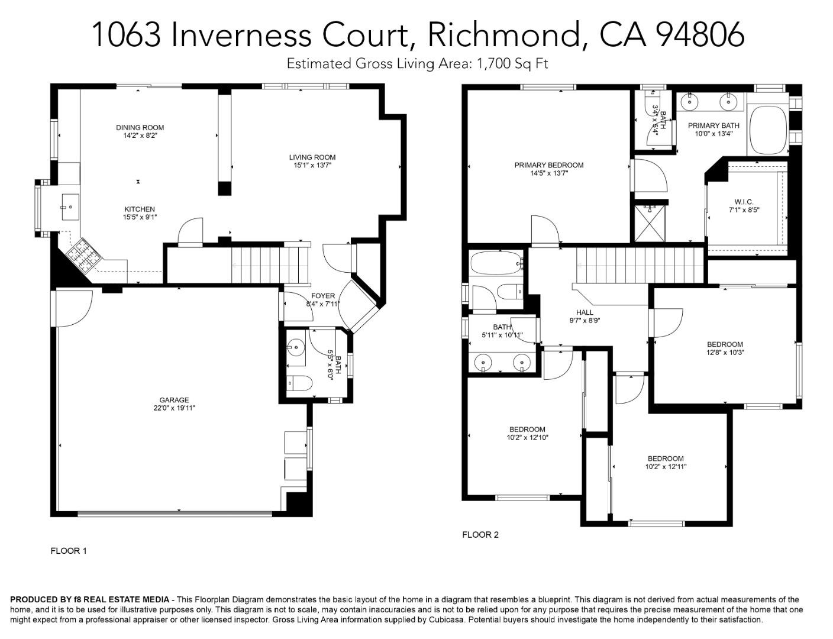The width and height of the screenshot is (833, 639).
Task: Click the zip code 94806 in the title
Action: (x=700, y=34)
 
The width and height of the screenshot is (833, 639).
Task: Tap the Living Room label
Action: (x=312, y=157)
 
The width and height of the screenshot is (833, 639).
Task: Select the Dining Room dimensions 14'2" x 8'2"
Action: (x=140, y=135)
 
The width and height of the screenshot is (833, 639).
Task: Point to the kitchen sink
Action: (x=70, y=207)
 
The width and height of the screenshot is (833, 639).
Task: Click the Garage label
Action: (x=174, y=400)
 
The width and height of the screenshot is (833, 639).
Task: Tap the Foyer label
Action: (x=323, y=296)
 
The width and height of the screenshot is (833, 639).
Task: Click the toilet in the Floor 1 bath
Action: (x=299, y=384)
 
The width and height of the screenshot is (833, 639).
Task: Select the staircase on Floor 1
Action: (x=270, y=264)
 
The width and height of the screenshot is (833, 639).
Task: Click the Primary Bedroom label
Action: (x=548, y=165)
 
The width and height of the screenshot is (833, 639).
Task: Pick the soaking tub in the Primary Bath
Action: (x=767, y=130)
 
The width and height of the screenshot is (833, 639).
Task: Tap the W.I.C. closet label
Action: (x=744, y=202)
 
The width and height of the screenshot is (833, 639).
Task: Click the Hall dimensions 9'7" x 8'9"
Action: (x=585, y=321)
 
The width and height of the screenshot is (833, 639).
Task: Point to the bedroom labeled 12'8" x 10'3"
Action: (x=725, y=344)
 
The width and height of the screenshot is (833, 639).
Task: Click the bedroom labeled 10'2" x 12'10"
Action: (x=527, y=430)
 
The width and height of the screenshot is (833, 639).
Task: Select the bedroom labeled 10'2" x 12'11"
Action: (x=666, y=459)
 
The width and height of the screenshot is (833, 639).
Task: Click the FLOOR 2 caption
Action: (x=480, y=535)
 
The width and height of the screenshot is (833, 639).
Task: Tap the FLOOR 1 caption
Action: (x=69, y=551)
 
